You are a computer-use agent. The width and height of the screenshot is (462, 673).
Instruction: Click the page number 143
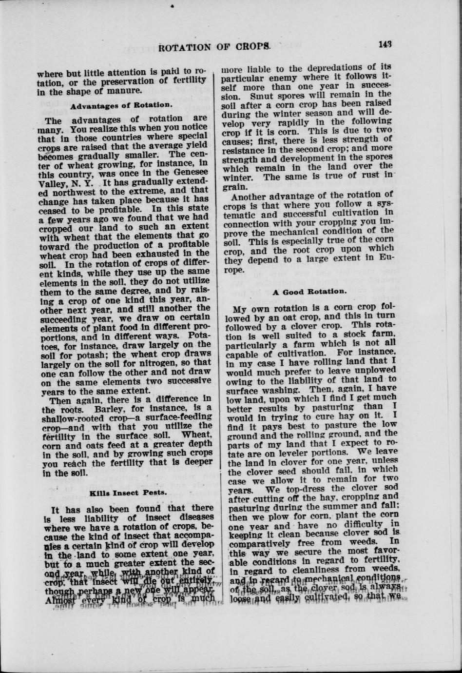[x=384, y=44]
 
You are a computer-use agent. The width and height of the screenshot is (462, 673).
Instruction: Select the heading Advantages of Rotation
[x=121, y=104]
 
